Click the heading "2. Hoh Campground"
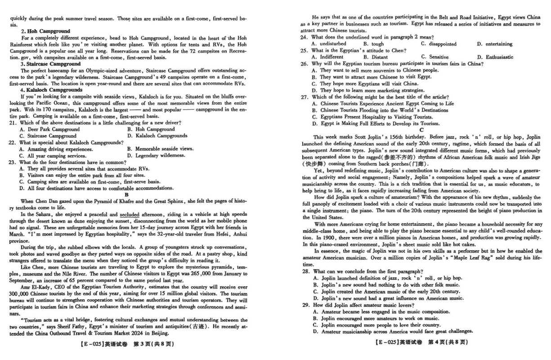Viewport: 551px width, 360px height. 45,31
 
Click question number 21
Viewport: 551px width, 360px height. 12,123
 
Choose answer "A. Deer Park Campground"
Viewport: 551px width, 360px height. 49,129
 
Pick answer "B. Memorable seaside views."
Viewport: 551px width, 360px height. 161,148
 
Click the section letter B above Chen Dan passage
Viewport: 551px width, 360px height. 127,194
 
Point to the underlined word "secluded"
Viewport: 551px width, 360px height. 130,215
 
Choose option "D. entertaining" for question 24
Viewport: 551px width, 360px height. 495,44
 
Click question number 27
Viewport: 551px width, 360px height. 305,97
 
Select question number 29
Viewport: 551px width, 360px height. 305,305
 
